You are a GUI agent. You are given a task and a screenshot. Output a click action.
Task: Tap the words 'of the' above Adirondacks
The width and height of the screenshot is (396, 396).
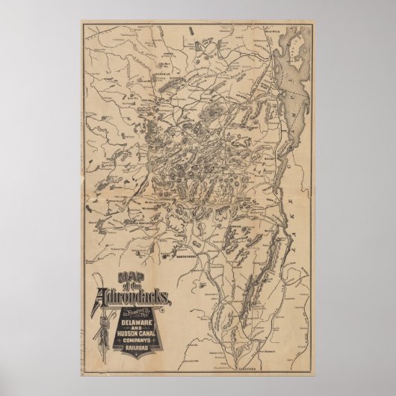coord(132,287)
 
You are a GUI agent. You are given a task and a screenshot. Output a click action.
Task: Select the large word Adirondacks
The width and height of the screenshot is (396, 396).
coord(134,297)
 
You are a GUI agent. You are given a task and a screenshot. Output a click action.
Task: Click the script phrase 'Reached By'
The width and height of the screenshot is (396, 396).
coord(137,311)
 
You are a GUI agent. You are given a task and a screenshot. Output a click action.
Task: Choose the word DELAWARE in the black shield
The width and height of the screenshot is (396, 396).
coord(136,322)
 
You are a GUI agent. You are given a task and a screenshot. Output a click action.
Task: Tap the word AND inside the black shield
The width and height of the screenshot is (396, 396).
coord(136,328)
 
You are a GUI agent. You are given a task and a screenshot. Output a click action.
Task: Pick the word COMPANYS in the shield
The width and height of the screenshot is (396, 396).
coord(136,340)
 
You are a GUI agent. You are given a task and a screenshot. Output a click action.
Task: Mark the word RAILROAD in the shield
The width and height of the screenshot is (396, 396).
coord(136,347)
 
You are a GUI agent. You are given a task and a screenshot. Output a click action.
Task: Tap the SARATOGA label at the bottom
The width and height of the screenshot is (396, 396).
coord(247,369)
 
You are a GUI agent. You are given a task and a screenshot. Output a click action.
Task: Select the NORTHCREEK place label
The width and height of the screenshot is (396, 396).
coord(186,256)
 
